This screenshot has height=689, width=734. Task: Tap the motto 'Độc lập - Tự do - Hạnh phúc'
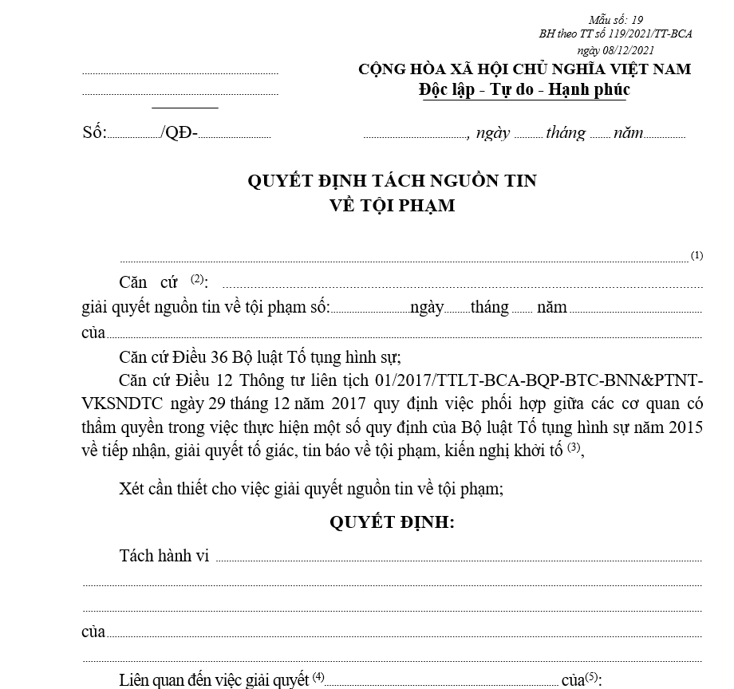pos(524,89)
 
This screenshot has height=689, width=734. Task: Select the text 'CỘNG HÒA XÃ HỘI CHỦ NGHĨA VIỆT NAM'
pos(524,69)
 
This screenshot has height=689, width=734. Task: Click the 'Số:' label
pos(94,132)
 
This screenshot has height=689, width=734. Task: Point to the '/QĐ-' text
pos(179,132)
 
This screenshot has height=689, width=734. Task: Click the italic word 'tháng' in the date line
pos(566,132)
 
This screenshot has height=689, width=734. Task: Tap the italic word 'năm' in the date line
pos(629,132)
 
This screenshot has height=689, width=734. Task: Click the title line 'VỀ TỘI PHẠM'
pos(392,205)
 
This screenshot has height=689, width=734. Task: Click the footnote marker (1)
pos(697,255)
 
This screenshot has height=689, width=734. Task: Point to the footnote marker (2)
pos(197,279)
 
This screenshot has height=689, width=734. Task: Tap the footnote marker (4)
pos(318,676)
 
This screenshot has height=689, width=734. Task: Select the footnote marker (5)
pos(591,676)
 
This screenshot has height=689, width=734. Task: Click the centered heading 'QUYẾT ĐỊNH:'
pos(392,522)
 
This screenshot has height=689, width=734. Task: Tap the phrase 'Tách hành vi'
pos(164,556)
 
